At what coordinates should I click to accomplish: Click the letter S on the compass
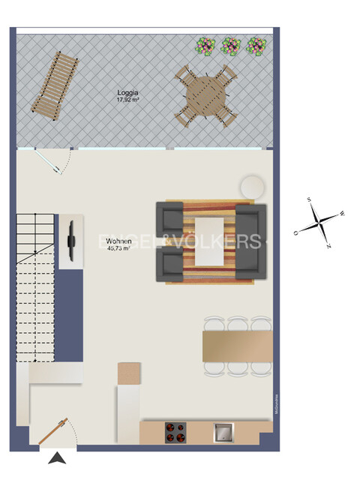308,200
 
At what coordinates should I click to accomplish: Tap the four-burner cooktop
175,431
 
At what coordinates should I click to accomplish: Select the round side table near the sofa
252,187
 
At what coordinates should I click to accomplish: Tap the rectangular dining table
237,346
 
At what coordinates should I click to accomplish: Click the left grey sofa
170,240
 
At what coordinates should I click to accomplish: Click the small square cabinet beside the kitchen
129,372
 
